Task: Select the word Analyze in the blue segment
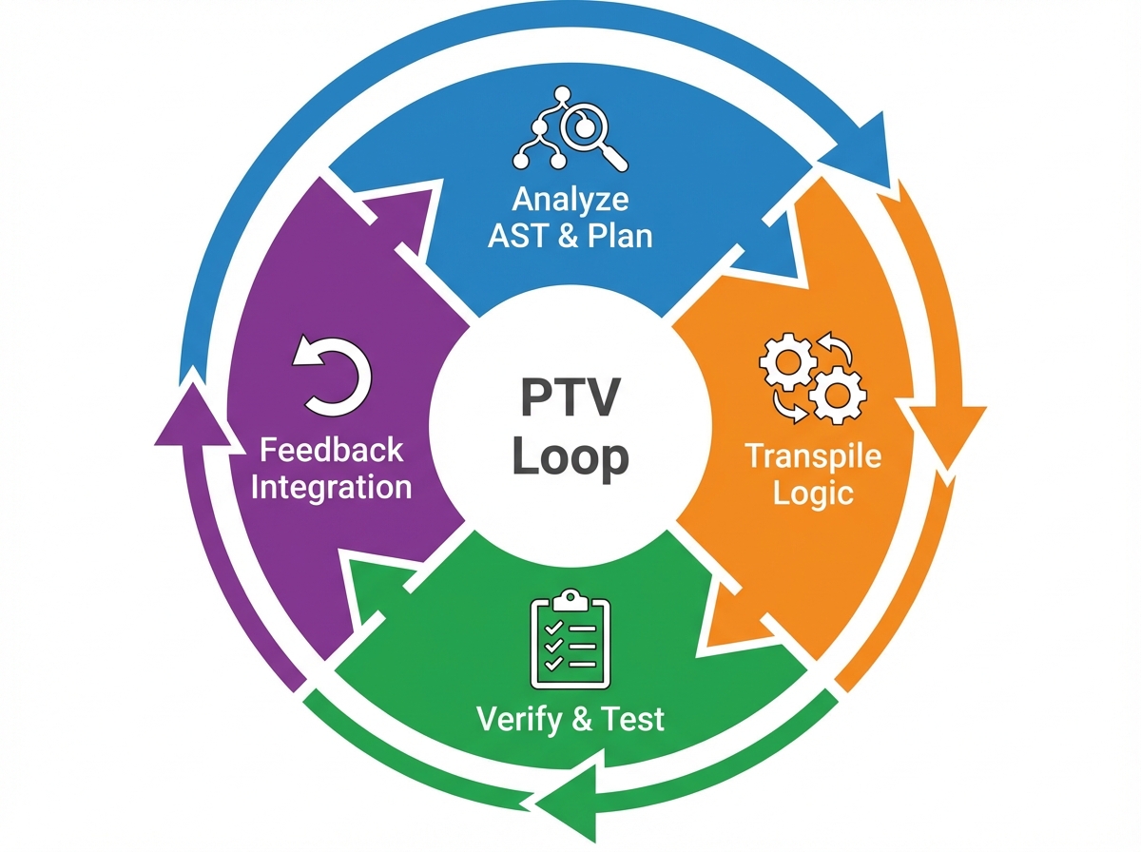click(570, 200)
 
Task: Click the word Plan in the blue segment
click(618, 236)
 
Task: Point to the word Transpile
click(813, 455)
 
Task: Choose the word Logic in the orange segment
click(813, 494)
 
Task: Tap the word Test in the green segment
click(633, 719)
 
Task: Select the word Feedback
click(331, 449)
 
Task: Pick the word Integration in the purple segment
click(331, 487)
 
